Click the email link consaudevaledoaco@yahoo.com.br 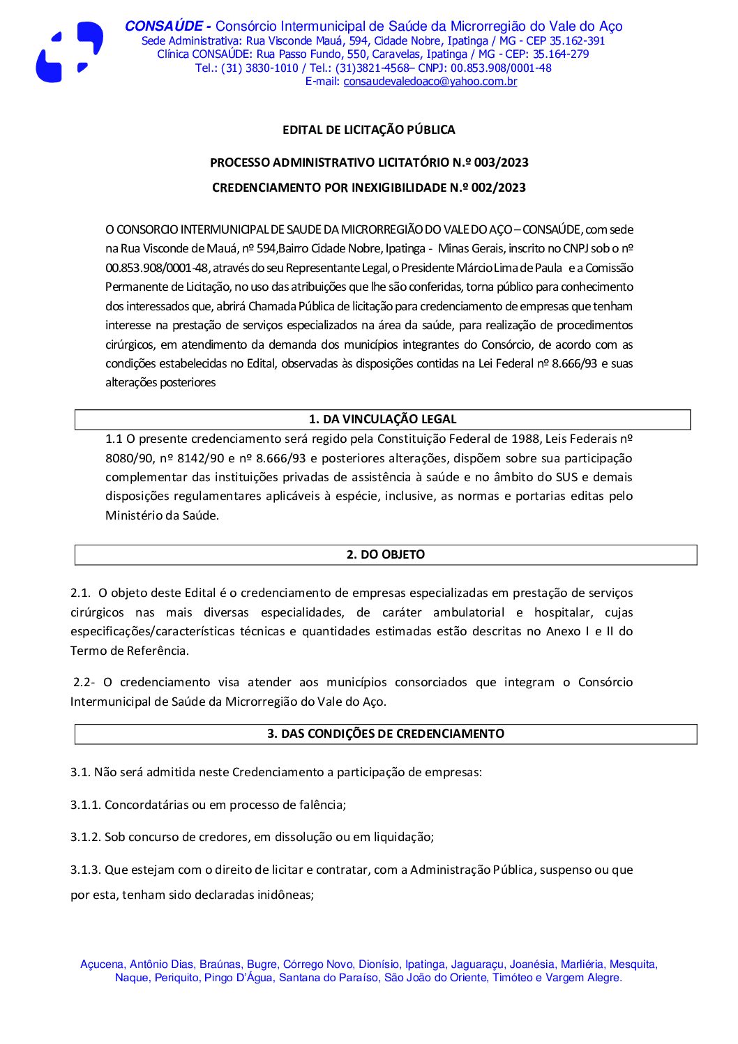[x=430, y=82]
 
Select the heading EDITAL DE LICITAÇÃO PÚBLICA [x=368, y=130]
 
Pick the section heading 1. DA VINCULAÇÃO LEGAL [x=382, y=419]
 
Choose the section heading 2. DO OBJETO [x=385, y=554]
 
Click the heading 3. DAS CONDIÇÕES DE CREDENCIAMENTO [x=385, y=734]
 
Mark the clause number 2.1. [x=80, y=593]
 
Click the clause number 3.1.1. [x=86, y=805]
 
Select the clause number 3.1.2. [x=86, y=837]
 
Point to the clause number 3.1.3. [x=86, y=870]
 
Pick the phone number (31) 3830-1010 [x=259, y=68]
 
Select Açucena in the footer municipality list [x=102, y=964]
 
